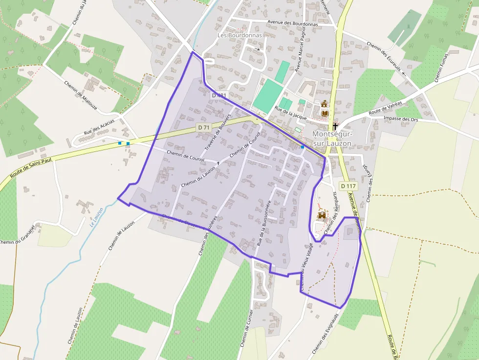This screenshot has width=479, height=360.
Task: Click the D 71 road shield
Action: (204, 127)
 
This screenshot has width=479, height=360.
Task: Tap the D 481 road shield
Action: (219, 95)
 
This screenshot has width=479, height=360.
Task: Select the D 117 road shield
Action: (348, 186)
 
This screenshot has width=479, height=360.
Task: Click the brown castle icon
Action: (323, 215)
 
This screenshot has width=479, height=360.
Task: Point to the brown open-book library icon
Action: (325, 113)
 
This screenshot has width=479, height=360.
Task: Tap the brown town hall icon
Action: (325, 104)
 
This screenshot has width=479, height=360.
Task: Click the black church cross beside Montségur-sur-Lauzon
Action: (335, 126)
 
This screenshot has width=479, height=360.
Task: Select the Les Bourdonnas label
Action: (239, 35)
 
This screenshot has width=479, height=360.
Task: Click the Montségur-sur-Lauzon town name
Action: (332, 138)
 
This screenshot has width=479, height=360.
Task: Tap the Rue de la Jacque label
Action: (291, 112)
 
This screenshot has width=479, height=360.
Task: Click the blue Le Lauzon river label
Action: (96, 217)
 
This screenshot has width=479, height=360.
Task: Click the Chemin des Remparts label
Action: (331, 212)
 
